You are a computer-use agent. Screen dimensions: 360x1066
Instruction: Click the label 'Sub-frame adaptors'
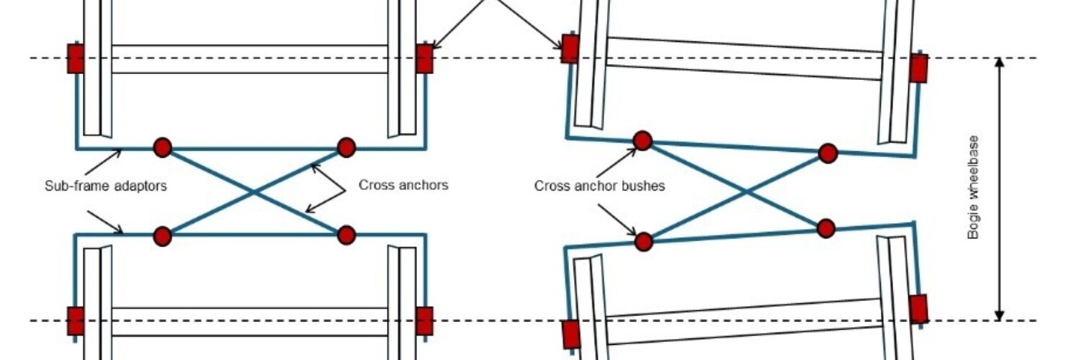point(105,186)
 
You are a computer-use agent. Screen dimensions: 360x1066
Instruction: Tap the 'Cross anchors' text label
point(403,185)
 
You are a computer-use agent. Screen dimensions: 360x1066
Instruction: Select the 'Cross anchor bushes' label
point(599,186)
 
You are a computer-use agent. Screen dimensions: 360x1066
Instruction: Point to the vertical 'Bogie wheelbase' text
point(974,187)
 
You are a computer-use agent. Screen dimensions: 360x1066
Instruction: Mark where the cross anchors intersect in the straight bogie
point(254,192)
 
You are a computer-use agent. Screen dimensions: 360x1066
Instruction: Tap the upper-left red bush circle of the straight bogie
point(162,148)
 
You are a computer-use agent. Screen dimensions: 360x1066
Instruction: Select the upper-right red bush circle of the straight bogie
point(346,148)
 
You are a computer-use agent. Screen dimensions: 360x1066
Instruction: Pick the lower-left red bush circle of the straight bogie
point(162,235)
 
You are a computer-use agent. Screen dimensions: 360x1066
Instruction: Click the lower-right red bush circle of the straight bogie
point(346,235)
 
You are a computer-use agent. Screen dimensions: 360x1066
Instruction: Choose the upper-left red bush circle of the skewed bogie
point(642,140)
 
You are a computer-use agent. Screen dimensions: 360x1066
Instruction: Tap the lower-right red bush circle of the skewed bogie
point(826,228)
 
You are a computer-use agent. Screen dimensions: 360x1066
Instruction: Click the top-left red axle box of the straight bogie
point(76,58)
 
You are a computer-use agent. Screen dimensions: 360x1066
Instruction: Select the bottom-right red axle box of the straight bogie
point(424,321)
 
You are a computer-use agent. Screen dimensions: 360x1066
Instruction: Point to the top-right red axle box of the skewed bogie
point(918,68)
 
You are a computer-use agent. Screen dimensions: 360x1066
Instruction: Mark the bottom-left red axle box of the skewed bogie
point(570,334)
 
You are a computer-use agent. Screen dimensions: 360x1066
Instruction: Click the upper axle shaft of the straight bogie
point(250,59)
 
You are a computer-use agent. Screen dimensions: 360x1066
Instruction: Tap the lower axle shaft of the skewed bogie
point(745,320)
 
